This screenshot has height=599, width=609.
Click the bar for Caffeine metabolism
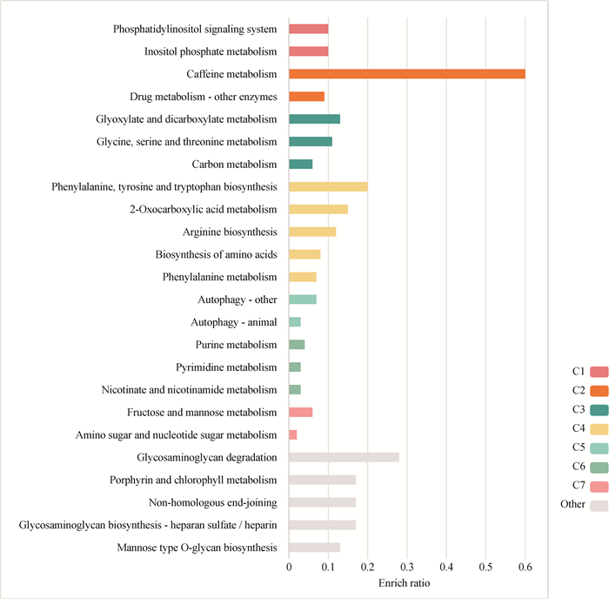pyautogui.click(x=406, y=74)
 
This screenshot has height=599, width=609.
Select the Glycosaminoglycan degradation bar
pyautogui.click(x=344, y=457)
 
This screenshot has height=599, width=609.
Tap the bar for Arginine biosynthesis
pyautogui.click(x=311, y=232)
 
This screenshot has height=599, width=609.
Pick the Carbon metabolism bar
pyautogui.click(x=300, y=164)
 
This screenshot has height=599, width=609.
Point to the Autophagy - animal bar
pyautogui.click(x=294, y=322)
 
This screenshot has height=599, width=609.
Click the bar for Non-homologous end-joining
pyautogui.click(x=322, y=502)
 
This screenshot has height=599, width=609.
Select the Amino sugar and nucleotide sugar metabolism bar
pyautogui.click(x=292, y=434)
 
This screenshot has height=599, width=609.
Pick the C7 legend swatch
pyautogui.click(x=599, y=485)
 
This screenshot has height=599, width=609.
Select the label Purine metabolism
pyautogui.click(x=236, y=345)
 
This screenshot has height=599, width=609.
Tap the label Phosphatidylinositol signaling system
pyautogui.click(x=195, y=29)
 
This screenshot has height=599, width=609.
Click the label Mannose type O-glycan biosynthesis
pyautogui.click(x=197, y=548)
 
